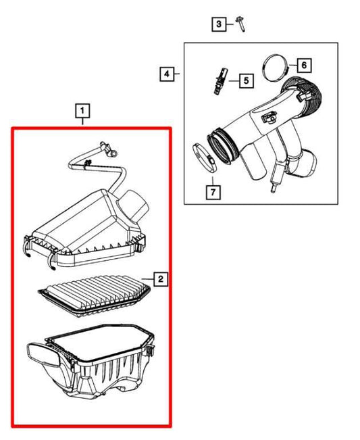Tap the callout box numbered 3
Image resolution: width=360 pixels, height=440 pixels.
pyautogui.click(x=218, y=25)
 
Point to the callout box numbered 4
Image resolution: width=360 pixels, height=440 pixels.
pyautogui.click(x=166, y=73)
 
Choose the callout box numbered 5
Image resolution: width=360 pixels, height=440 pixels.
pyautogui.click(x=245, y=81)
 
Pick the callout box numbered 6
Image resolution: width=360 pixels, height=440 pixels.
pyautogui.click(x=303, y=65)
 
